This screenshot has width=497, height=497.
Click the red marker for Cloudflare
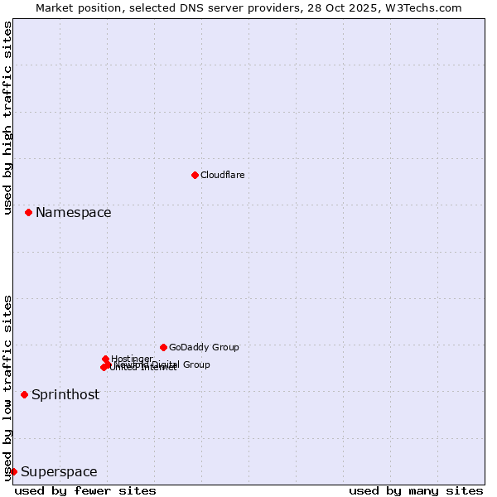[195, 175]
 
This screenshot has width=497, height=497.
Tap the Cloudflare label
[222, 175]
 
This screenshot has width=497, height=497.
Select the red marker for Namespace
[28, 213]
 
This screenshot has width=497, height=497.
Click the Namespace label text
[73, 213]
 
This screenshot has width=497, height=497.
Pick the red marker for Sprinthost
[24, 394]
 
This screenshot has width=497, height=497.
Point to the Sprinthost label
[65, 395]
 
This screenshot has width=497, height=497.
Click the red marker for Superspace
[13, 471]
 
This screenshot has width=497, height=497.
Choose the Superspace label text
[59, 472]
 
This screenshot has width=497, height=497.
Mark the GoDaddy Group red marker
[163, 347]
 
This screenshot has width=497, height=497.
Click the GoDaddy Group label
[204, 347]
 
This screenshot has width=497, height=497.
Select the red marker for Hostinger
[106, 359]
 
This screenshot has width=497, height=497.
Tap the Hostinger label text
[132, 359]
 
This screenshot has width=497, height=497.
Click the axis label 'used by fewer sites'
[85, 490]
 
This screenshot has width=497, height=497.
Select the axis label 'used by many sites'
[416, 490]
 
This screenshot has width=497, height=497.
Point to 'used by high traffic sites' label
[8, 118]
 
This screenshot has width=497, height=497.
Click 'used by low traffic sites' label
[8, 387]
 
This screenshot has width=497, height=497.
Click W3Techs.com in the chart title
[427, 7]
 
